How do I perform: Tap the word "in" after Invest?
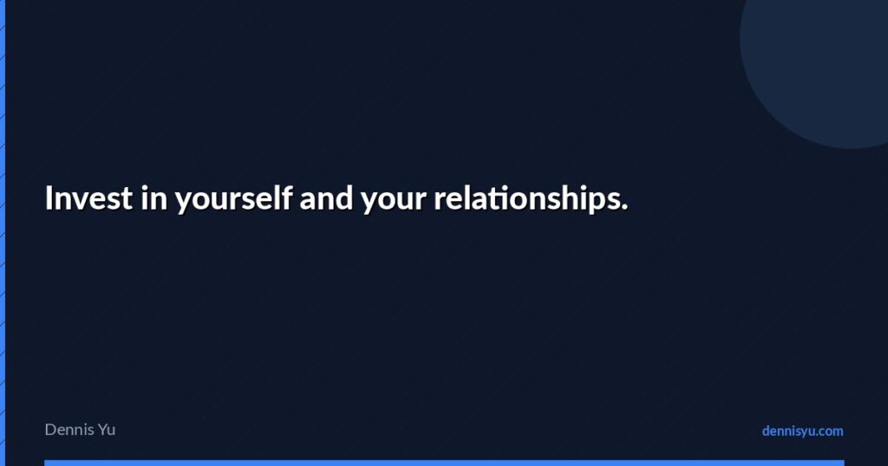click(154, 198)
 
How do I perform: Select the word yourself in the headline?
click(233, 200)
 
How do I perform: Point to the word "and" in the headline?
click(326, 198)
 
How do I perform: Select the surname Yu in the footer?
click(106, 429)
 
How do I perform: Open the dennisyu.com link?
click(802, 430)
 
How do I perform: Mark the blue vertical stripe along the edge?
click(3, 233)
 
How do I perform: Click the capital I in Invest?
click(49, 198)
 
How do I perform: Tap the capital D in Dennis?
click(50, 429)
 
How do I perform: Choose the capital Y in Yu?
click(101, 429)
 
